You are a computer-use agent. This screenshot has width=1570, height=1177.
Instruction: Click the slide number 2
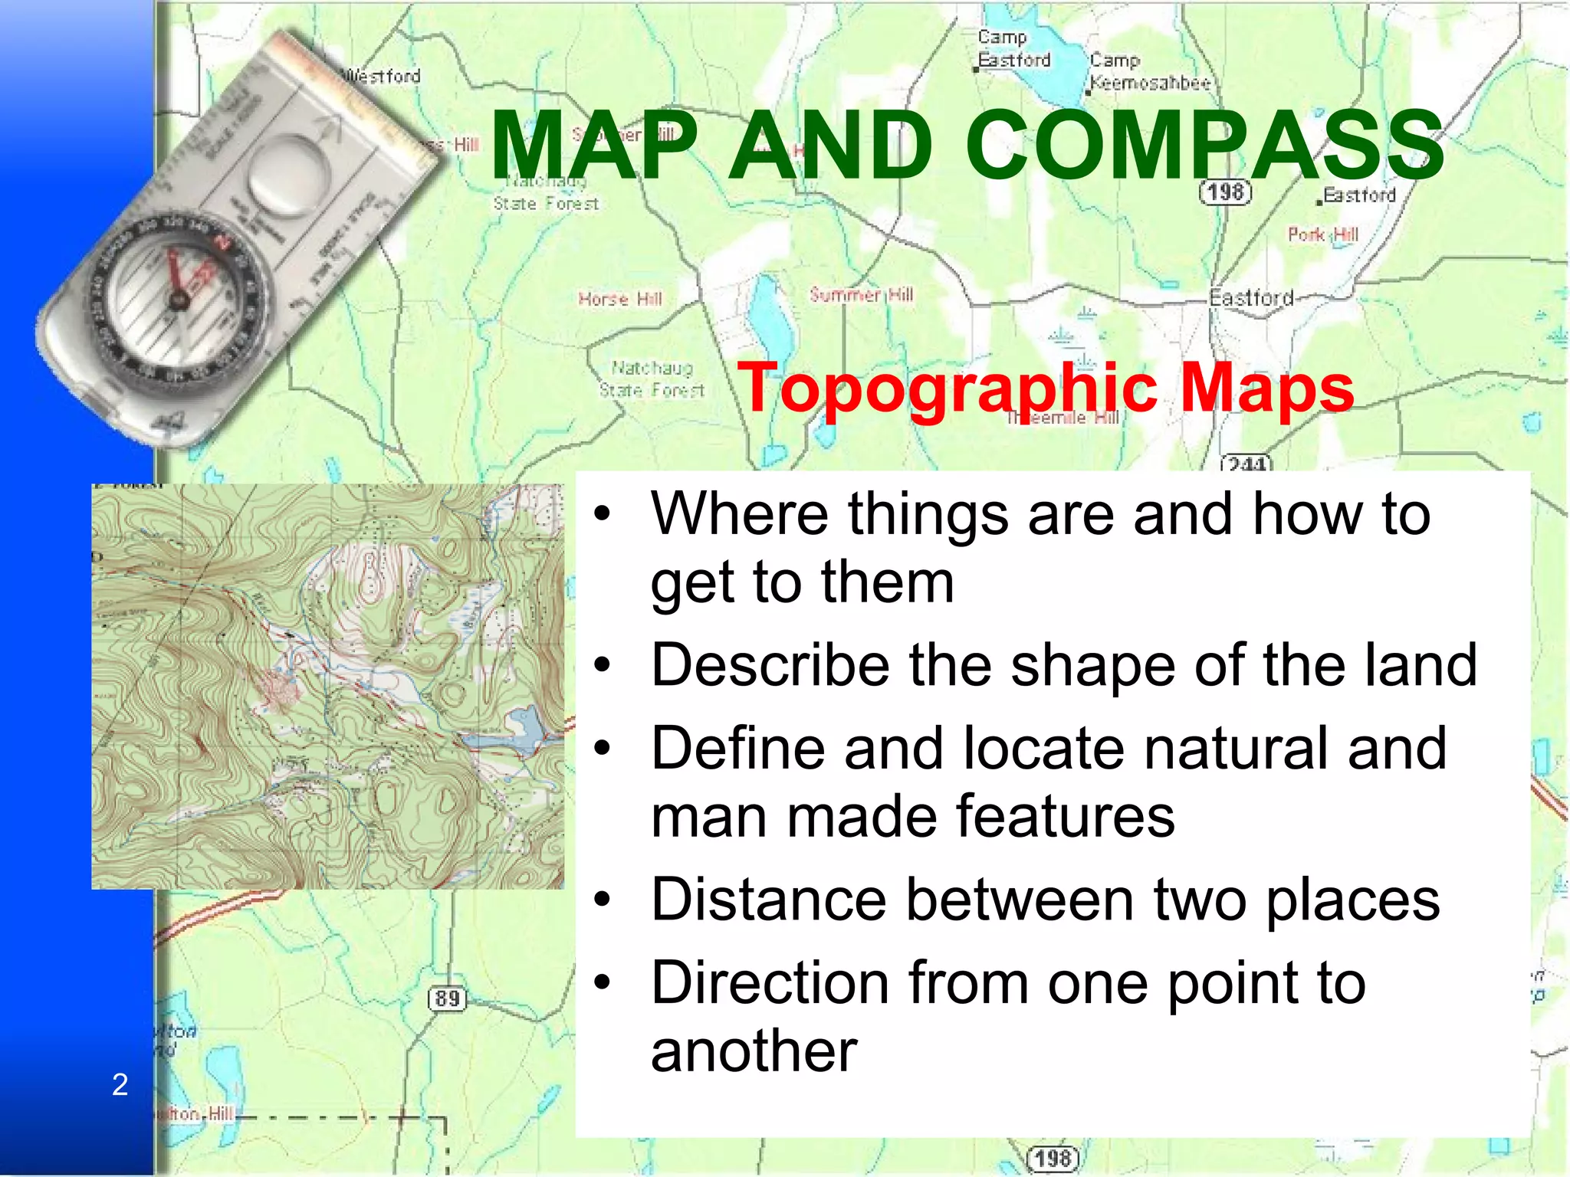coord(120,1084)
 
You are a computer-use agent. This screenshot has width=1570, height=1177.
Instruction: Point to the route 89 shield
coord(447,998)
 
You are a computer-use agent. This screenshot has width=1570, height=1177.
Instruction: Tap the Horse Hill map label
coord(620,299)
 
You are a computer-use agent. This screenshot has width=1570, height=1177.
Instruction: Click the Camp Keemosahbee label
coord(1150,72)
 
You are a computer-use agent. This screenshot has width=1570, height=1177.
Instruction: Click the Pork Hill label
coord(1323,234)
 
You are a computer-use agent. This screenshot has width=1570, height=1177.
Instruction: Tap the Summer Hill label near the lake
coord(861,294)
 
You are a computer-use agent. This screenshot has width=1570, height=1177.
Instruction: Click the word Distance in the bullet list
coord(775,900)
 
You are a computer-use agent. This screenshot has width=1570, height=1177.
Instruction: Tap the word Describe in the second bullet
coord(770,664)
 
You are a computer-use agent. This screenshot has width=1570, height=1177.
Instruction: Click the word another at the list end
coord(754,1051)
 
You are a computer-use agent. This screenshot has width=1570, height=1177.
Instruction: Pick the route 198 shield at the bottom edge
coord(1053,1158)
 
